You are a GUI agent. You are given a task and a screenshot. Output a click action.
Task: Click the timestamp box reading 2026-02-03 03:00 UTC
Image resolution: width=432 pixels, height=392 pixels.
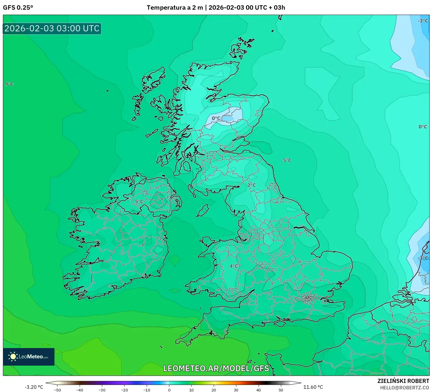click(52, 28)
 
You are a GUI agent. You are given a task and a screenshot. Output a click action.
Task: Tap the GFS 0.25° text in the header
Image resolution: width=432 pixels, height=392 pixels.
click(18, 8)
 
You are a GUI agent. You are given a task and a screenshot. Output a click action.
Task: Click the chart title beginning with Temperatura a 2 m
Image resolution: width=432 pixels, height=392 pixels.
click(216, 8)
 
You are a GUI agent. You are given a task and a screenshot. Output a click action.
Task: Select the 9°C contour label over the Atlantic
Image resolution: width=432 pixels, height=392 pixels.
click(9, 84)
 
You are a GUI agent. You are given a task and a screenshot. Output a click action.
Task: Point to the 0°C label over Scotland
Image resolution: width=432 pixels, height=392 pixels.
click(216, 118)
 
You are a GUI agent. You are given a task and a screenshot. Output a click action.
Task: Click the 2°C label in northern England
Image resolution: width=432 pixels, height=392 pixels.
click(252, 185)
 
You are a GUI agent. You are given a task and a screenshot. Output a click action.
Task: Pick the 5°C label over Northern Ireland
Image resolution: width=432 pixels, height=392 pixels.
click(139, 202)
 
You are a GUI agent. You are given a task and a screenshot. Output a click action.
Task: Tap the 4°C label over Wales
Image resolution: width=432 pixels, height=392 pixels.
click(234, 266)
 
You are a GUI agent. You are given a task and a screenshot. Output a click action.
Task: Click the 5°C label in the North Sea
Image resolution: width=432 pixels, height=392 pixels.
click(287, 160)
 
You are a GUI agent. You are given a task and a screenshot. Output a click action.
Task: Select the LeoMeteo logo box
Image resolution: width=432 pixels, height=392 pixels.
click(29, 357)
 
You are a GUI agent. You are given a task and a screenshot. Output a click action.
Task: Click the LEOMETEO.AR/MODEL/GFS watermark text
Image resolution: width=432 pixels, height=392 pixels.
click(216, 368)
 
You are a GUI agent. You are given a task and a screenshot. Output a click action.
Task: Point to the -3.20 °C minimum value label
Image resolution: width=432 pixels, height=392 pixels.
click(34, 387)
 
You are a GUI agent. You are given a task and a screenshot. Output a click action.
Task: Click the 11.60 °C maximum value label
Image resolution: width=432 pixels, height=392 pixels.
click(313, 387)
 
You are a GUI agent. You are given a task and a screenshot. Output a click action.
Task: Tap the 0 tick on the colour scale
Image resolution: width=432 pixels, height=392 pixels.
click(169, 390)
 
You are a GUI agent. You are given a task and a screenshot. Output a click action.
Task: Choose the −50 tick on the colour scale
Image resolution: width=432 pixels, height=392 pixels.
click(57, 390)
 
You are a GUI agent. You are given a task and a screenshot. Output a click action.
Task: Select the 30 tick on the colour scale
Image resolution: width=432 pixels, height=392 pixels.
click(236, 390)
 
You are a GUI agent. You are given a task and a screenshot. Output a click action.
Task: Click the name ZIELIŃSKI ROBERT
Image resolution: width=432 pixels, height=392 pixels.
click(403, 381)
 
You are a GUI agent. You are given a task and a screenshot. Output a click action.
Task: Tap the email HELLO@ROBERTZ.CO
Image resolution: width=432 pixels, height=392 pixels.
click(404, 388)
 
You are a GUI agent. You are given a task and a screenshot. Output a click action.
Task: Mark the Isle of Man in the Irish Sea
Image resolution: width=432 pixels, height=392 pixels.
click(203, 210)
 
